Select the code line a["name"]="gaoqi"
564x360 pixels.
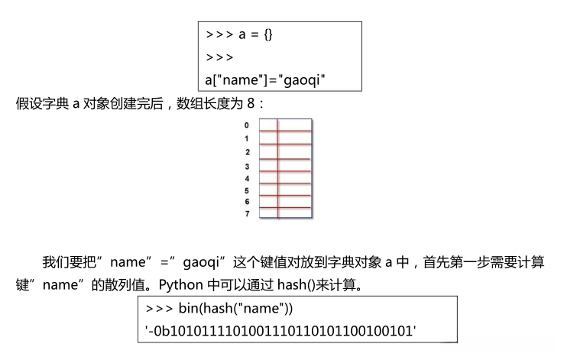(271, 79)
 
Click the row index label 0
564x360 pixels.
(246, 125)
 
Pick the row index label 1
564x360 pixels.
(246, 138)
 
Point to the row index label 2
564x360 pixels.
(246, 152)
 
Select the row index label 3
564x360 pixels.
(246, 166)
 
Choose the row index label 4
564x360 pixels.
(246, 178)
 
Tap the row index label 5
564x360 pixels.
(246, 190)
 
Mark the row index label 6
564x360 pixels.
(246, 202)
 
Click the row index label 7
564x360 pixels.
(246, 214)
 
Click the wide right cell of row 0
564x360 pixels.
(295, 125)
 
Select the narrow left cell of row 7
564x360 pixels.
(268, 214)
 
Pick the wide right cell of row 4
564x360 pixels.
(295, 178)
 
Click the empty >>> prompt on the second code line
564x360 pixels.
(219, 57)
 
